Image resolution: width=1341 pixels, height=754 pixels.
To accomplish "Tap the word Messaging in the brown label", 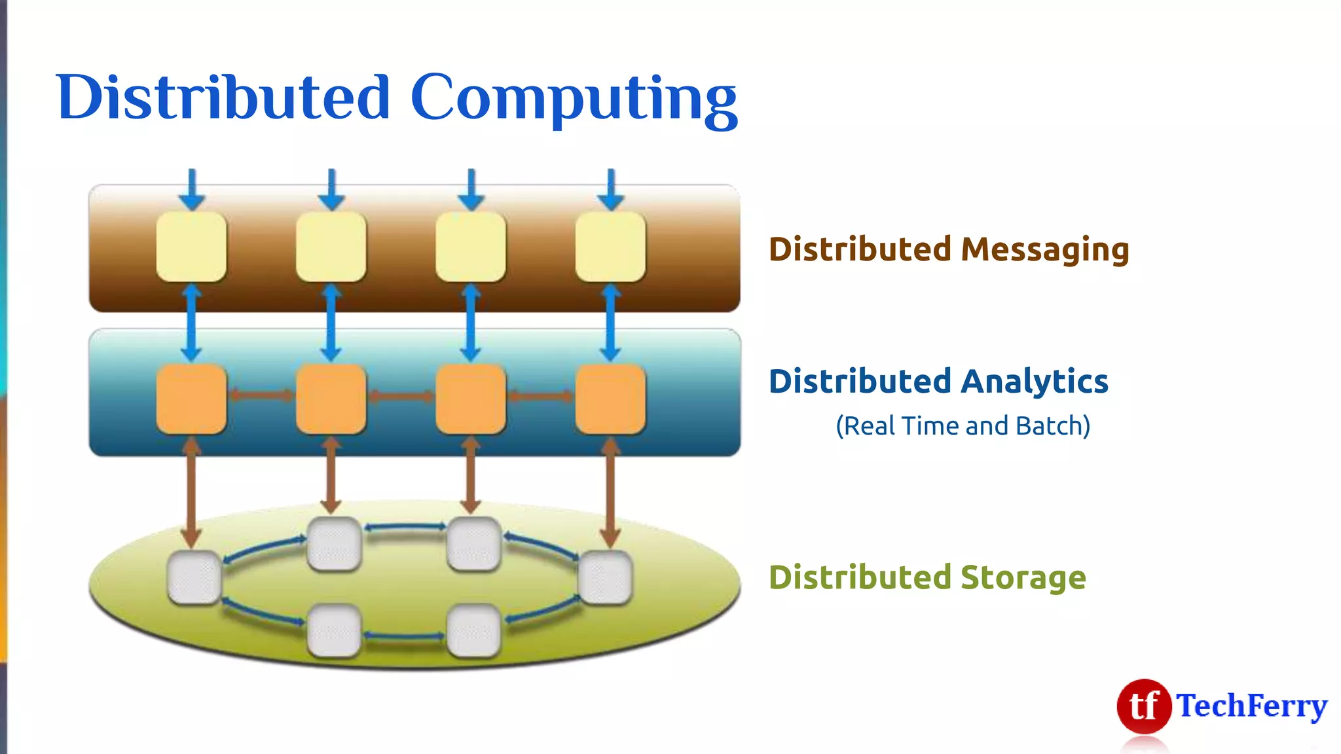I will point(1045,250).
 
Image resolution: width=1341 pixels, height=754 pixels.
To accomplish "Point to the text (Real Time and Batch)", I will point(963,426).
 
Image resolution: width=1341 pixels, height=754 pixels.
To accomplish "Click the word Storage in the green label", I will point(1023,577).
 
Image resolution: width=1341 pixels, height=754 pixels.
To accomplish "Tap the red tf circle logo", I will point(1143,706).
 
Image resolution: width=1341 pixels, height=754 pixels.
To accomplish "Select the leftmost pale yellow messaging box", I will point(191,247).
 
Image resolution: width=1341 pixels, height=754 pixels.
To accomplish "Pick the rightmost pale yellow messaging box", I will point(610,247).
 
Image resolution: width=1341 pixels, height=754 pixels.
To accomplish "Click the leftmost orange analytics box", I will point(191,399).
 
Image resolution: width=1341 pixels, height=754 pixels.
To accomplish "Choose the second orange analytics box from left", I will point(331,399).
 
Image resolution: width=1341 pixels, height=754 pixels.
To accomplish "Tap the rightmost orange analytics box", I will point(610,399).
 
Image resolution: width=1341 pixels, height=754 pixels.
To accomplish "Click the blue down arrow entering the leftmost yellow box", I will point(192,190).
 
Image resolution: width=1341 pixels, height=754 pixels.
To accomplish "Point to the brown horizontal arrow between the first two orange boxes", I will point(261,395).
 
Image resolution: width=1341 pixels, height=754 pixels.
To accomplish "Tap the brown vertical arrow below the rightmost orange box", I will point(610,494).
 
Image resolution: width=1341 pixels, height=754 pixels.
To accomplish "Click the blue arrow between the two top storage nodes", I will point(405,527).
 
